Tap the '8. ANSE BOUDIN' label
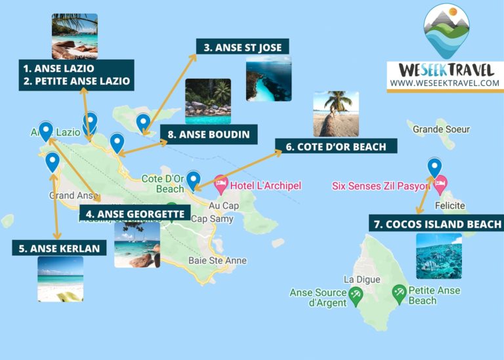click(208, 135)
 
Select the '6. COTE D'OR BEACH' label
click(335, 146)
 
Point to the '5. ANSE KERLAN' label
click(59, 248)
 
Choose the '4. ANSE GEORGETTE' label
click(135, 213)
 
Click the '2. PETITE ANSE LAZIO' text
click(76, 82)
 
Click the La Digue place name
click(358, 279)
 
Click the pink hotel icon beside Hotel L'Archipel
click(220, 185)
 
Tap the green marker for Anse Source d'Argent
click(356, 296)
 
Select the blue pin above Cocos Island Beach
click(434, 167)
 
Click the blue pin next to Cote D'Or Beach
click(194, 179)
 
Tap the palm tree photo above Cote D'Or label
click(336, 113)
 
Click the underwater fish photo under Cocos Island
click(438, 256)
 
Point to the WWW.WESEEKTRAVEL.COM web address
click(444, 83)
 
